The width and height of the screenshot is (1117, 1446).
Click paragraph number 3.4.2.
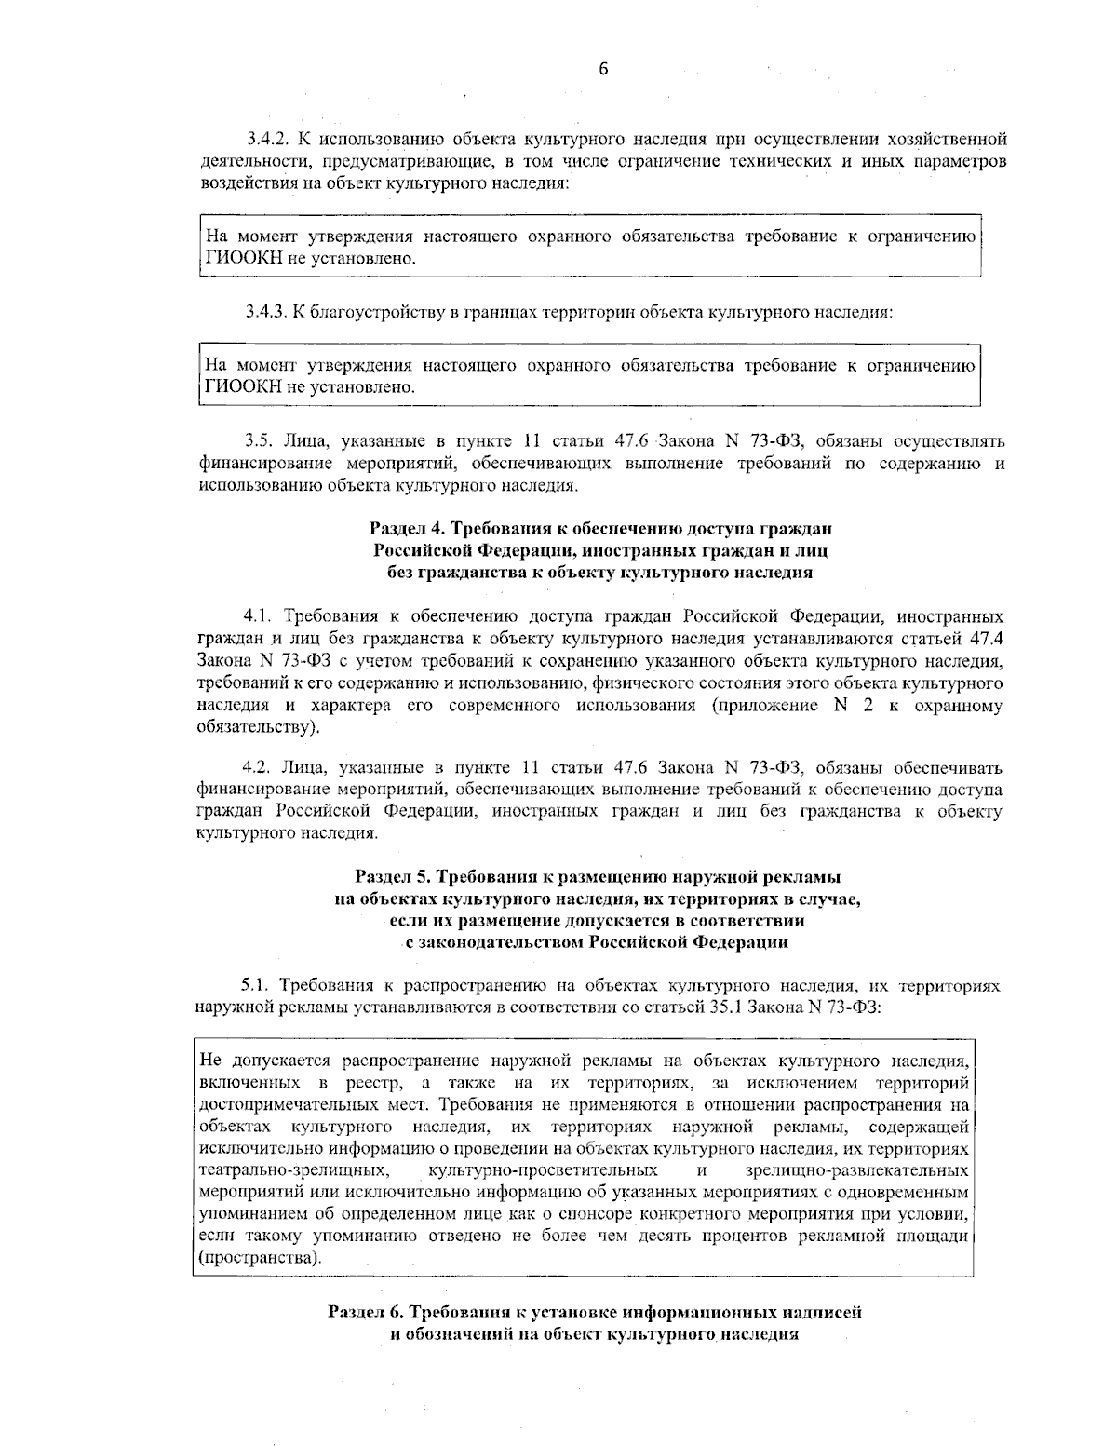[267, 141]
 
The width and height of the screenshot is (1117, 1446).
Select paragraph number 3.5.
[256, 440]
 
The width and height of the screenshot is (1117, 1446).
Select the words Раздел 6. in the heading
[364, 1312]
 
